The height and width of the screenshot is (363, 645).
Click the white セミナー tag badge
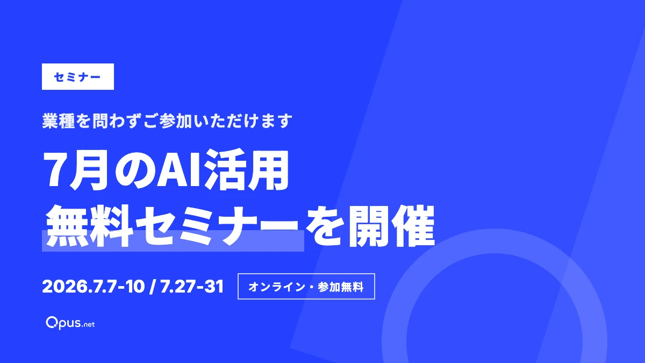click(78, 76)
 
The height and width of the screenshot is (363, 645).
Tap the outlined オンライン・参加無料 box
click(306, 286)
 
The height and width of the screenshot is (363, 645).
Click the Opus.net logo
click(70, 323)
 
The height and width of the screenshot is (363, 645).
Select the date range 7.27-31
click(192, 287)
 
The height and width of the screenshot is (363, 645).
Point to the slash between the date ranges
click(153, 287)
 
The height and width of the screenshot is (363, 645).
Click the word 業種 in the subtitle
click(59, 121)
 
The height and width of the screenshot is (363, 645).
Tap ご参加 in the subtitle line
click(168, 121)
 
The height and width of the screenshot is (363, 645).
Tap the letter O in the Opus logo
click(52, 322)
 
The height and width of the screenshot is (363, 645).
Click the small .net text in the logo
click(88, 324)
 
